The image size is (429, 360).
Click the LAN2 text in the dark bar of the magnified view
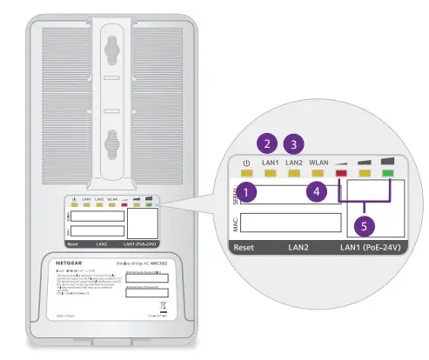302,250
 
